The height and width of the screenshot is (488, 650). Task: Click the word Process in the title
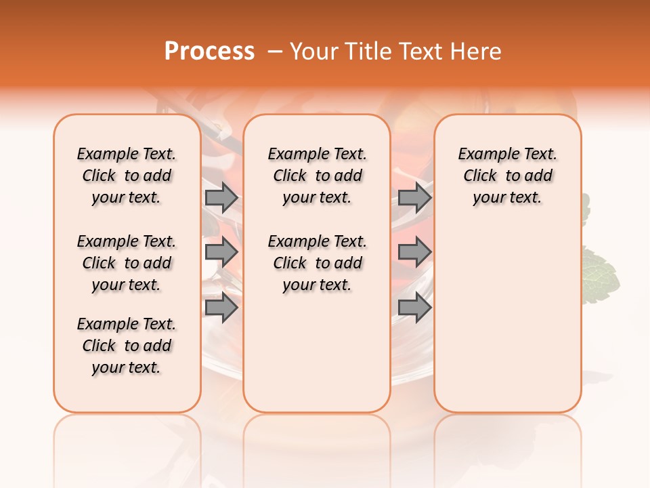point(209,52)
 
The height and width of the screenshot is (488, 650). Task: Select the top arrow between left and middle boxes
point(221,198)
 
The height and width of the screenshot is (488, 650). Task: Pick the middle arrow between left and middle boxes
point(221,253)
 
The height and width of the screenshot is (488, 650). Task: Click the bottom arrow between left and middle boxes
point(221,308)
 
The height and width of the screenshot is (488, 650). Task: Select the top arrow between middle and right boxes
point(414,198)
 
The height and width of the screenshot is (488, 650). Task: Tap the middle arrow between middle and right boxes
point(414,253)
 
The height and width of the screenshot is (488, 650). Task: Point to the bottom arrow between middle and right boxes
point(414,308)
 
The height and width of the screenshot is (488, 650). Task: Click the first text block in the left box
point(127,176)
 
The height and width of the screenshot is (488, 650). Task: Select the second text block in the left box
point(127,263)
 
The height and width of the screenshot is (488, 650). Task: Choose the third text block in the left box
point(127,346)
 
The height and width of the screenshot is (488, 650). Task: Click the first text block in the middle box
point(317,176)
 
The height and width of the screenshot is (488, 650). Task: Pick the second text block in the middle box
point(317,263)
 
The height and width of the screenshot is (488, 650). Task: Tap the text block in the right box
point(508,176)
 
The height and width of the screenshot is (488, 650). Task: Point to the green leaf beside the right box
point(601,274)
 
